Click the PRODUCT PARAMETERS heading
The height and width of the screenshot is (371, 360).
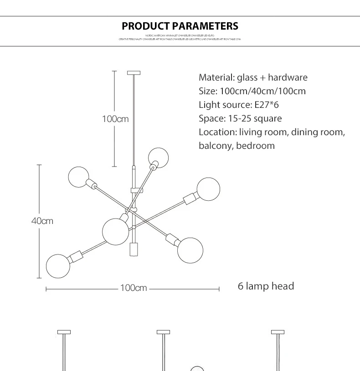180,26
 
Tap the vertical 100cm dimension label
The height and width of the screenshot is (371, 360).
115,119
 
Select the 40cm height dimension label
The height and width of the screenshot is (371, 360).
42,221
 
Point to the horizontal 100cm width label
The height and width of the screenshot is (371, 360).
133,288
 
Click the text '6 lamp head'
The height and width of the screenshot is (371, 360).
266,286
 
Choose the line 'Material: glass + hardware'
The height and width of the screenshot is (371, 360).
253,77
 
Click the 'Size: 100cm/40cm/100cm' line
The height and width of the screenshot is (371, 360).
252,91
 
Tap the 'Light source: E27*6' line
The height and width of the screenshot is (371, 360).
238,105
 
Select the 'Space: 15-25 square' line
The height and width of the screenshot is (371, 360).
240,118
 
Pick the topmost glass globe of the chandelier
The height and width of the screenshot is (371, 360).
159,157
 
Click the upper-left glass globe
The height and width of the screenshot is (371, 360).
79,177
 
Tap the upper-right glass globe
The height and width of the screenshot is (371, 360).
208,188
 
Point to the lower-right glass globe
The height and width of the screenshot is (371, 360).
190,250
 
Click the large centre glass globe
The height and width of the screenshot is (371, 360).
116,231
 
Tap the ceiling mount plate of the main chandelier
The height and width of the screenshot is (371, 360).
134,73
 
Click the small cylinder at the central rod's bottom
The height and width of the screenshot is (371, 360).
133,249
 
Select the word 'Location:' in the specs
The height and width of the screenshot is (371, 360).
217,132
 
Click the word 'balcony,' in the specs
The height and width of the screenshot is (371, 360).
216,146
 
